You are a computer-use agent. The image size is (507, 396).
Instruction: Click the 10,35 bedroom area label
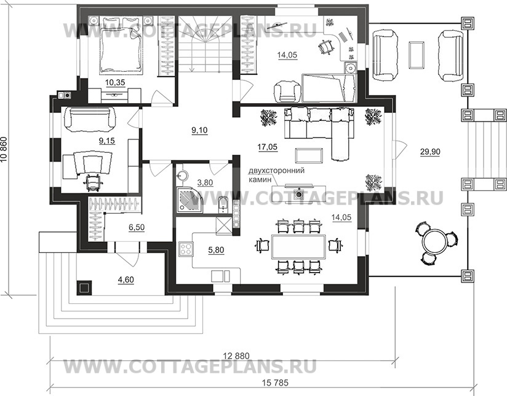pos(115,82)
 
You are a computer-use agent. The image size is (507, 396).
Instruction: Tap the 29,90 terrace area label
pos(430,152)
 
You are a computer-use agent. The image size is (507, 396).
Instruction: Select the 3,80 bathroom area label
pos(205,183)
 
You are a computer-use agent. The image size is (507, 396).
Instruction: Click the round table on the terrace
pos(436,241)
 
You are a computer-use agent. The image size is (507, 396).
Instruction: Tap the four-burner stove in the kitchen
pos(186,249)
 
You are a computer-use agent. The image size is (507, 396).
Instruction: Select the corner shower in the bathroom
pos(190,201)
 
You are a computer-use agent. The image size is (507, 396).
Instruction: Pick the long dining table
pos(298,247)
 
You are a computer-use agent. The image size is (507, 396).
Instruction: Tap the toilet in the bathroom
pos(223,204)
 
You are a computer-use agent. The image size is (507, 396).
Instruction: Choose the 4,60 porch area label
pos(126,279)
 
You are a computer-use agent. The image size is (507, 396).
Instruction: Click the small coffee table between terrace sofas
pos(417,55)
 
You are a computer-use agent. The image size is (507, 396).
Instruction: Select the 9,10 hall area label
pos(199,130)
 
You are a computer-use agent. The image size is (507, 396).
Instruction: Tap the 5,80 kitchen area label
pos(216,250)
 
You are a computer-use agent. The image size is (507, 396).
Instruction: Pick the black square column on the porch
pos(84,287)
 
